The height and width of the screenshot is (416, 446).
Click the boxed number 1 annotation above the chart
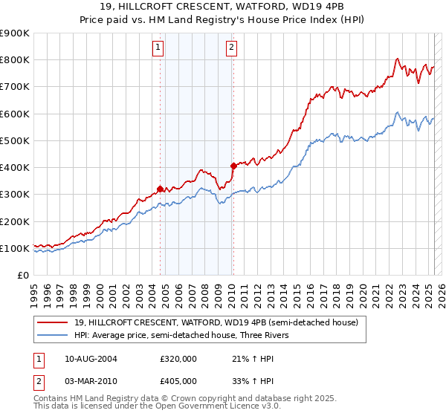coord(159,48)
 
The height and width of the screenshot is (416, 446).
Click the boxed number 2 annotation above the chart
coord(231,48)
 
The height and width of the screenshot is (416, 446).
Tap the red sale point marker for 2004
coord(160,189)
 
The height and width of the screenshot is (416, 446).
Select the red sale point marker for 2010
coord(233,166)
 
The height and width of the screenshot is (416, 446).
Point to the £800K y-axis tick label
coord(14,59)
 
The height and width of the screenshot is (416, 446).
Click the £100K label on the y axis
coord(14,248)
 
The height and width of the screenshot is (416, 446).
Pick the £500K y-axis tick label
coord(14,140)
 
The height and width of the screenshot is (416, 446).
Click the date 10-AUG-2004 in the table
coord(91,359)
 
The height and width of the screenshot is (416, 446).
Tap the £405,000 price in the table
coord(178,380)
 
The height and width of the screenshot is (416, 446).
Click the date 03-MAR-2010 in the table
coord(91,380)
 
